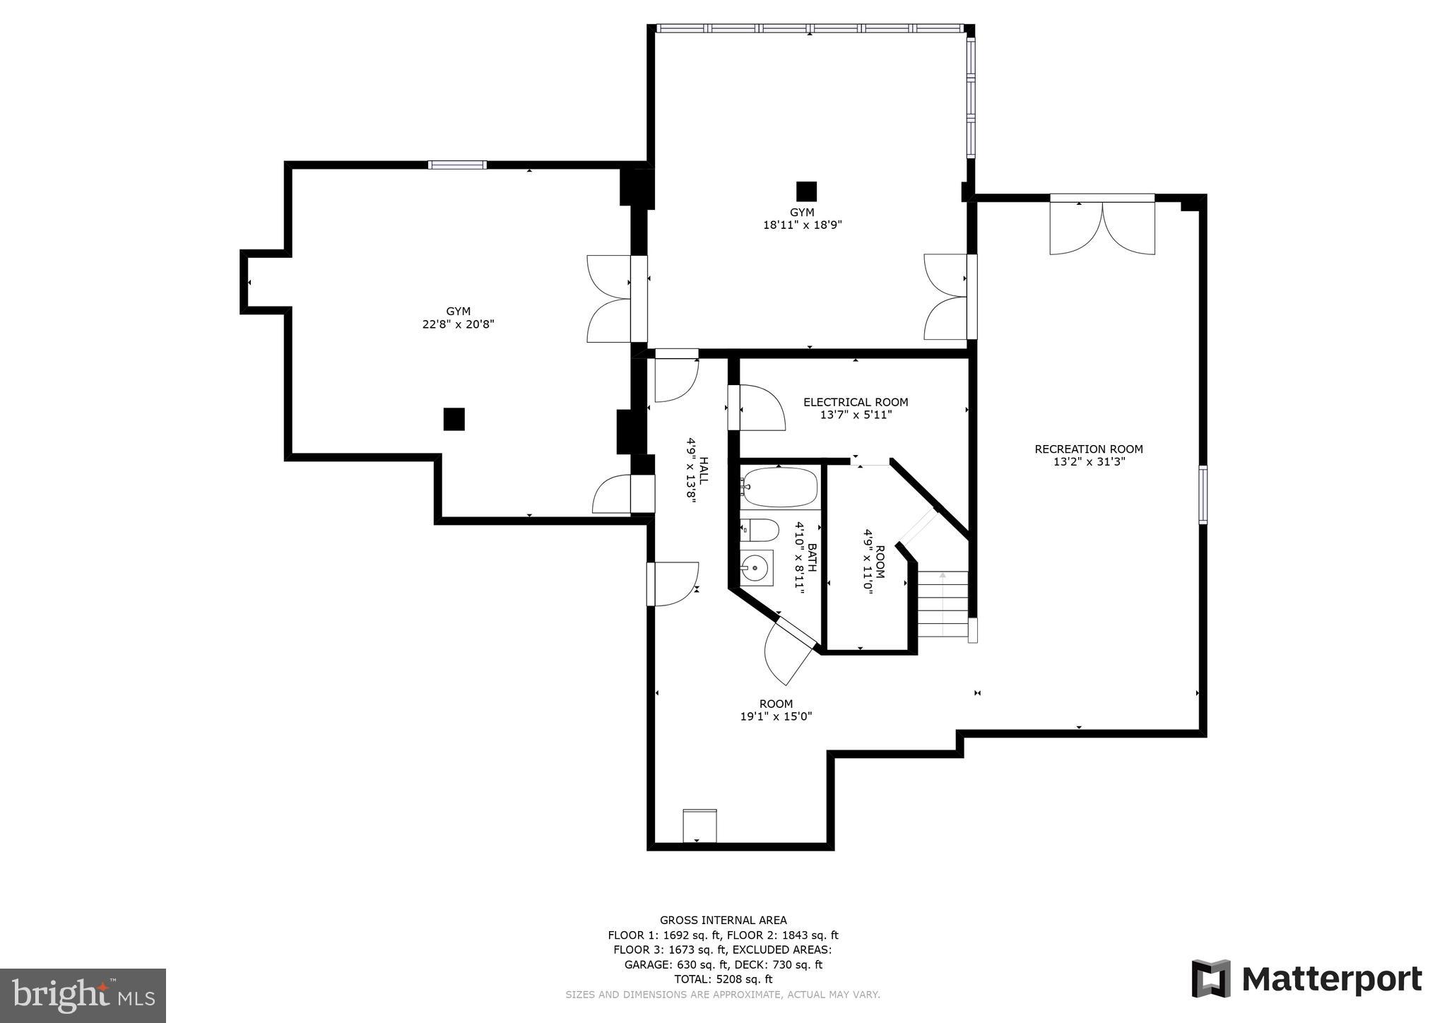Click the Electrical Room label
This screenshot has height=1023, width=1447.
[856, 402]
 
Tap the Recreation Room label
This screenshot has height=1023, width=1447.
[1089, 449]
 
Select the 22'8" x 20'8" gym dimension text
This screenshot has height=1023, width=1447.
[458, 324]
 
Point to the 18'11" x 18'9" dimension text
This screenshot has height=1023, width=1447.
[802, 225]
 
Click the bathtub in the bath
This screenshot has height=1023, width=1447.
[779, 487]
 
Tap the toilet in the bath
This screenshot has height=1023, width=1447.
[760, 529]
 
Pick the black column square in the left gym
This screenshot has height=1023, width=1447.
[454, 419]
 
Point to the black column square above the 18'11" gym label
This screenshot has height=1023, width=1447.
[806, 191]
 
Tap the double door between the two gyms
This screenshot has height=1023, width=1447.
[617, 299]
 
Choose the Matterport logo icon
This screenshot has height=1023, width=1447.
[1211, 979]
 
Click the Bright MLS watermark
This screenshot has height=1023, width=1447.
[83, 995]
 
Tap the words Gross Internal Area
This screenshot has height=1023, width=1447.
[723, 920]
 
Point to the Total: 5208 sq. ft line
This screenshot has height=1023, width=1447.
[723, 979]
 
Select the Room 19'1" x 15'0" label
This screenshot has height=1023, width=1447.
[776, 710]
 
